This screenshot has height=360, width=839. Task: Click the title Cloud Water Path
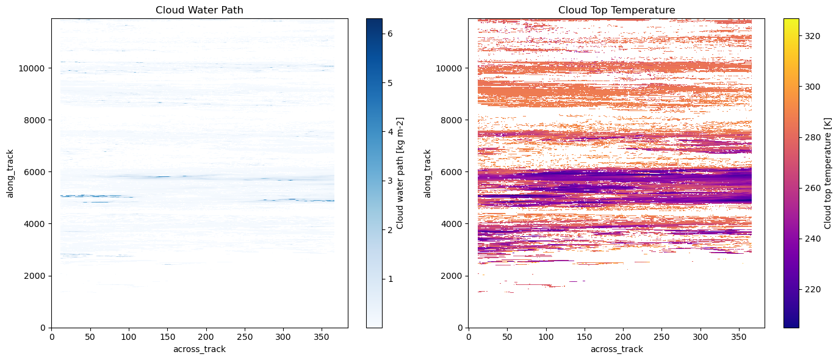coord(200,10)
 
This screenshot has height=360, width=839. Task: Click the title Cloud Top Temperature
coord(616,10)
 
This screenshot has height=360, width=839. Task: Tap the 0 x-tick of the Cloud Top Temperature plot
coord(468,336)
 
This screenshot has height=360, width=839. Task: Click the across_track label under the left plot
coord(200,349)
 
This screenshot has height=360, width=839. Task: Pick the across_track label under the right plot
coord(616,349)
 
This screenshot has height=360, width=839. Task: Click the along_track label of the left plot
coord(10,173)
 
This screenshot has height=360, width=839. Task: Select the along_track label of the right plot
coord(427,173)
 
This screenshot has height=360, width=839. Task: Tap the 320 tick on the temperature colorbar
coord(812,36)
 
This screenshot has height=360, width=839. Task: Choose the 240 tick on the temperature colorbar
coord(812,239)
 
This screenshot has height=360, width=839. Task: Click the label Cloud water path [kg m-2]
coord(400,173)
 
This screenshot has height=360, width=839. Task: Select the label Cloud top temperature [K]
coord(827,173)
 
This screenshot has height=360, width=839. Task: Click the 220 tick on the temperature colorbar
coord(812,289)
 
